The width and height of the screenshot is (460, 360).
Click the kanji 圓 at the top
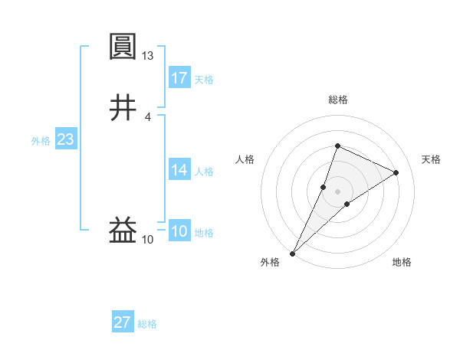(123, 47)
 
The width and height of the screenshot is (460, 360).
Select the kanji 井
(123, 107)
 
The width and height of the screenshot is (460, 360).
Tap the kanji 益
(123, 230)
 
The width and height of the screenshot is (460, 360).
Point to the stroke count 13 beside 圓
(148, 56)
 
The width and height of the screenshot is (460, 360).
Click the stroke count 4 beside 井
(148, 116)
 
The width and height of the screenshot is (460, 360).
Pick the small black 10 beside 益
(148, 240)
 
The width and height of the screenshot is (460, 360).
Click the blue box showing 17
(179, 77)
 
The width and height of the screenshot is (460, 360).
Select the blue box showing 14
(179, 170)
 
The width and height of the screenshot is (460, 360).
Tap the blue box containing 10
(179, 231)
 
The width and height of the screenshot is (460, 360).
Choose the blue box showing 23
(66, 140)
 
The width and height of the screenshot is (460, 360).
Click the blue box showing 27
(123, 322)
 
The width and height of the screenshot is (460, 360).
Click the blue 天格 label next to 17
(204, 80)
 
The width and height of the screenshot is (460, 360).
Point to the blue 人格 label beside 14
(204, 172)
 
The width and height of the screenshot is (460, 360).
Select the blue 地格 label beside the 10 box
(204, 233)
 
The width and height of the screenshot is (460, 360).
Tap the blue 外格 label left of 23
(41, 141)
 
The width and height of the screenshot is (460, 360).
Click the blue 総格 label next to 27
(147, 324)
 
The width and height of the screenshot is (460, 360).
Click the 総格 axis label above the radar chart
(337, 100)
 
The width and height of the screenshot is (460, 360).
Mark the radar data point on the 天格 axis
(396, 172)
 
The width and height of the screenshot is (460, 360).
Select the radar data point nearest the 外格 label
(292, 253)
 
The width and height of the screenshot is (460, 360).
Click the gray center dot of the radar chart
(337, 191)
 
